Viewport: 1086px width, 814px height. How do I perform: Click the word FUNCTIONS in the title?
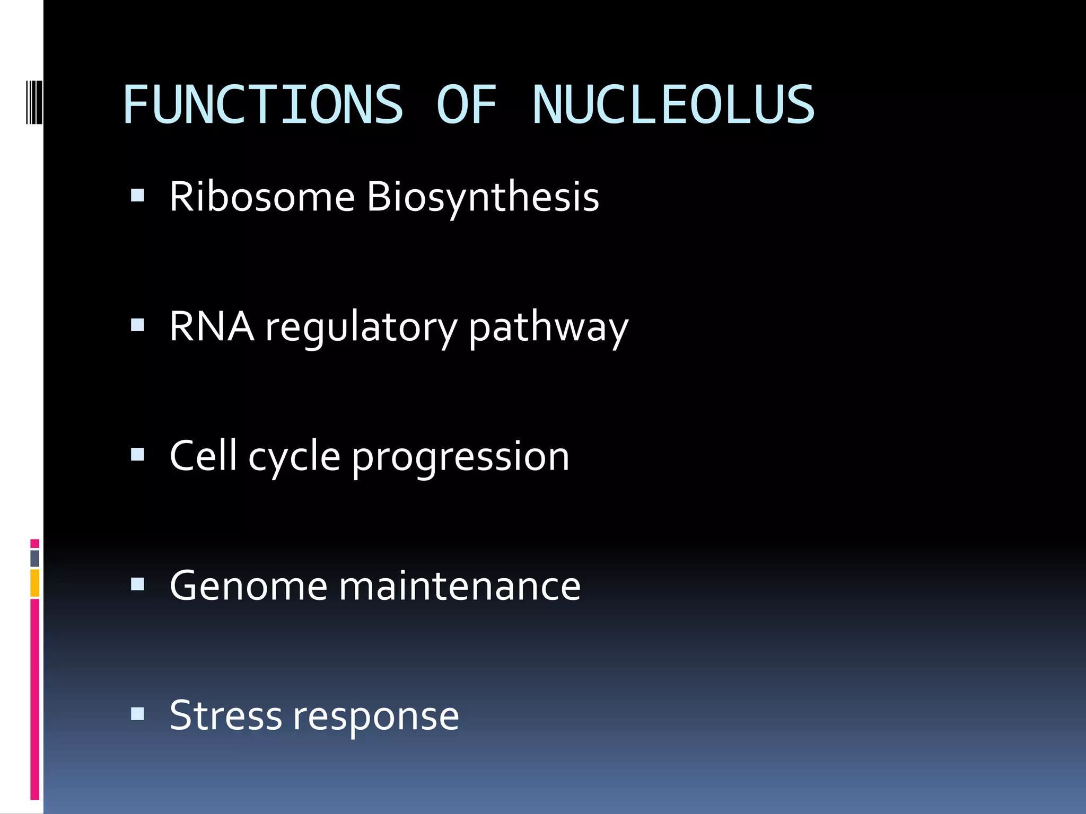tap(263, 105)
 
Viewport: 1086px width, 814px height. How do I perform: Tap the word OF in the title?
tap(467, 105)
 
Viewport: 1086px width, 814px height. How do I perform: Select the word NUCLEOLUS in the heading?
tap(673, 105)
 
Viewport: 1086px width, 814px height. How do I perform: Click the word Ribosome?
tap(262, 197)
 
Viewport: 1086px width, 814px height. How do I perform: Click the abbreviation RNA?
tap(212, 326)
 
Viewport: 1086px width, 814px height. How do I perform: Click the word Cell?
tap(203, 456)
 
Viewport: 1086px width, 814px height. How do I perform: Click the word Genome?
tap(249, 587)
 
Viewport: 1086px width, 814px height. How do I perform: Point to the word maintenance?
tap(460, 586)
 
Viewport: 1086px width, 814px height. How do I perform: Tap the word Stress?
tap(225, 715)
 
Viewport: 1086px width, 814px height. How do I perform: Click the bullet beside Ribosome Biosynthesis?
tap(137, 196)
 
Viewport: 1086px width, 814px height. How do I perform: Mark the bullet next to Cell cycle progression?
tap(137, 455)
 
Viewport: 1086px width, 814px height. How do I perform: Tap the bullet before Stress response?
tap(137, 714)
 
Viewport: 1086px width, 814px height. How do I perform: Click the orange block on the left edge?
tap(34, 583)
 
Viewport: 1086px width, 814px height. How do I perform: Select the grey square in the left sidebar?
tap(34, 558)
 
